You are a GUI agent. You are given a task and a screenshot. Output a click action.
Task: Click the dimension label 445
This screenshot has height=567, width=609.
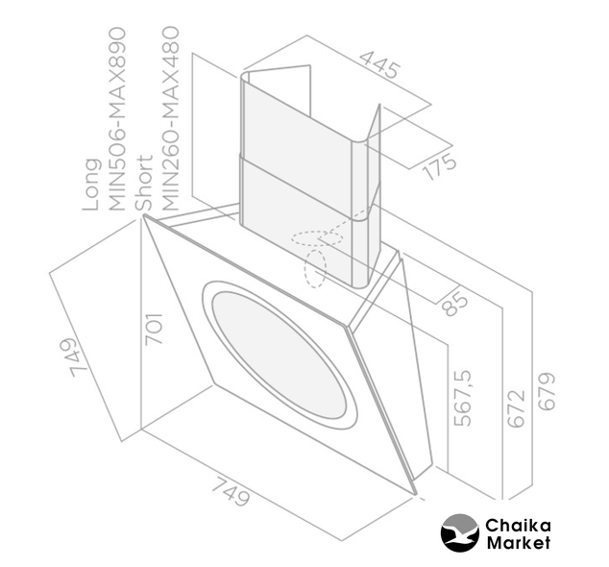[379, 65]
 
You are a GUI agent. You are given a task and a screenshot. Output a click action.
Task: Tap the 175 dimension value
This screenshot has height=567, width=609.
[440, 166]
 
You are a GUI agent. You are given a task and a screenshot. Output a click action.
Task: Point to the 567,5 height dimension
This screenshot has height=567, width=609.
[462, 397]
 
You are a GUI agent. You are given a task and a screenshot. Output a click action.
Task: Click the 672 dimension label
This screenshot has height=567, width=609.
[516, 408]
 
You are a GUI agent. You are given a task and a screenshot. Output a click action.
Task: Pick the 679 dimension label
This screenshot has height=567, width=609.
[547, 391]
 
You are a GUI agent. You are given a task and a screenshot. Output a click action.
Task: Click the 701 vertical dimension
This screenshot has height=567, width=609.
[154, 329]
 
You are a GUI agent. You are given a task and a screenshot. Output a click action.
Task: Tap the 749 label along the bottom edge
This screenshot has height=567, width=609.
[231, 492]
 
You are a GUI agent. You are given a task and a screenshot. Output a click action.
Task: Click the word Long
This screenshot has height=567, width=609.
[91, 185]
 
